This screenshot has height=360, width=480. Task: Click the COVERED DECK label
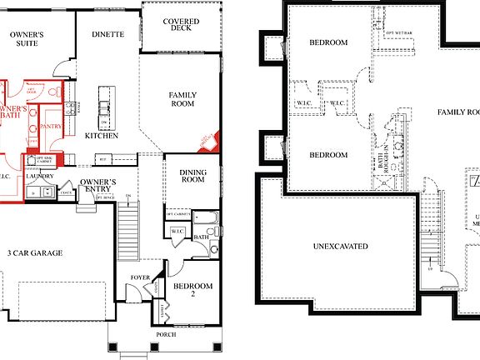[181, 25]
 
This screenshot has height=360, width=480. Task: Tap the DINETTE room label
[107, 34]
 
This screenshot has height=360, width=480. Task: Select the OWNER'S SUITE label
[27, 39]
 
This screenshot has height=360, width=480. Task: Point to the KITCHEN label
[101, 135]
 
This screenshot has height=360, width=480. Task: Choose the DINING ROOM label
[192, 175]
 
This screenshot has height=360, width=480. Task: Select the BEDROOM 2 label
[193, 290]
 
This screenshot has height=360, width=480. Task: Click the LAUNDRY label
[40, 176]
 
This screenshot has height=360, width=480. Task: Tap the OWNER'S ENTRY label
[98, 185]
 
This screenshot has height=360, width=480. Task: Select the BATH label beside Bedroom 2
[202, 236]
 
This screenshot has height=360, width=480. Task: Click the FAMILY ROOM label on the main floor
[182, 99]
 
